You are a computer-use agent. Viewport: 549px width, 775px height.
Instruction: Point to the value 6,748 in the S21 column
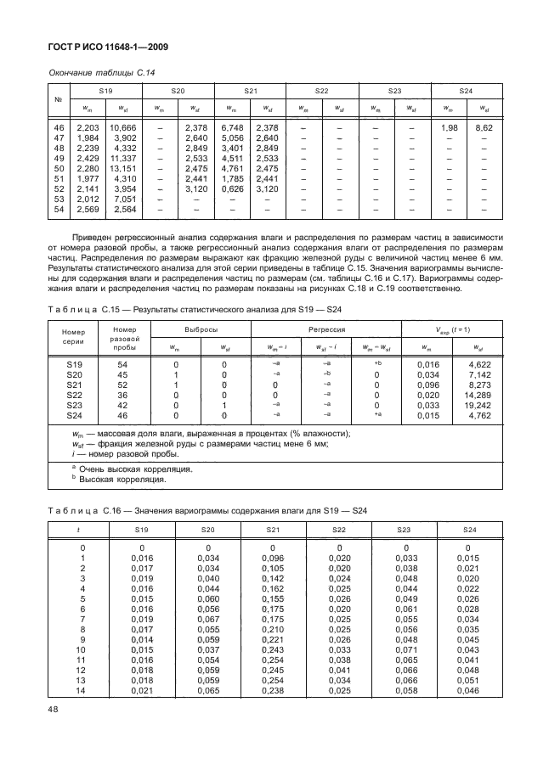[x=233, y=126]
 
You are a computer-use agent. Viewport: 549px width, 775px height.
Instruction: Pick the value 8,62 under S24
[x=484, y=126]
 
